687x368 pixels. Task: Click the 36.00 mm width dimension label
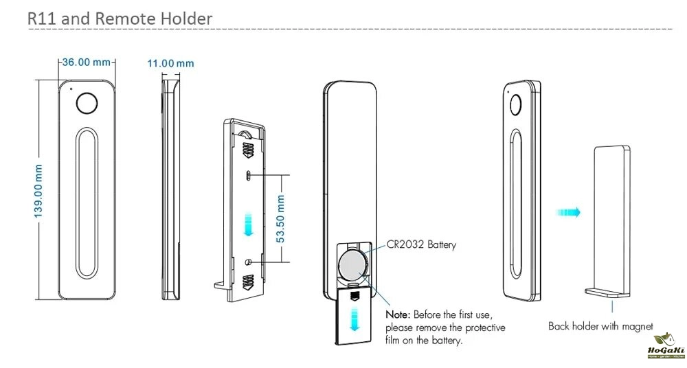click(87, 62)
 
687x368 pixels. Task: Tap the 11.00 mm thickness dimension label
click(170, 63)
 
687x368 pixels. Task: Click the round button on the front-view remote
click(87, 103)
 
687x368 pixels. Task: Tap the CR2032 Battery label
click(422, 244)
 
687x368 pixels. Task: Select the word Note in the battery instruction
click(398, 314)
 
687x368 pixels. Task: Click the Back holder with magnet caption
click(600, 326)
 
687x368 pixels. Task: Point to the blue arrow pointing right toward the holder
click(569, 213)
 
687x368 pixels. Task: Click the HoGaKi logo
click(662, 347)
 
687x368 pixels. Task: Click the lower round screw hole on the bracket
click(248, 262)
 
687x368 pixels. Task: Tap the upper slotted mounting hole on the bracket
click(248, 176)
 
